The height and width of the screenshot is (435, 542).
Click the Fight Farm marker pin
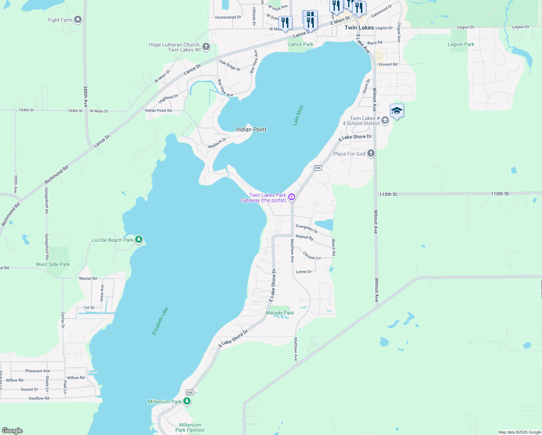coord(78,20)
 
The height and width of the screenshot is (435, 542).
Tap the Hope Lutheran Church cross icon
coord(206,46)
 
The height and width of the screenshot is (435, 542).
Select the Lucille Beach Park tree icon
coord(139,240)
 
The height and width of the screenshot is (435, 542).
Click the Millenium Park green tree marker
coord(187,401)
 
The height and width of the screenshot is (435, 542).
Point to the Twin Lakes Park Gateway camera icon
coord(292,198)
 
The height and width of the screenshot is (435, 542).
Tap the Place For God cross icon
coord(371,153)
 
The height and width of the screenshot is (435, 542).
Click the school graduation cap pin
coord(397,111)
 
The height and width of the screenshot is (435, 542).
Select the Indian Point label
coord(251,129)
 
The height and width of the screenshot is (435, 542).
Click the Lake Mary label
coord(298,116)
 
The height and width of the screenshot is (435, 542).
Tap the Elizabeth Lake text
coord(160,321)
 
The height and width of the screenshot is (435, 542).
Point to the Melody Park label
coord(280,313)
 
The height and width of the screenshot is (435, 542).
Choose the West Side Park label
coord(53,264)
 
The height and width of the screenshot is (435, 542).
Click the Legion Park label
coord(461,44)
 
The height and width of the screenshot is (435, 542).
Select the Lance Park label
coord(301,44)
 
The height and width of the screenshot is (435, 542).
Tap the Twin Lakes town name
coord(359,28)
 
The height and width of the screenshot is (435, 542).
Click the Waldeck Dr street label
coord(217,143)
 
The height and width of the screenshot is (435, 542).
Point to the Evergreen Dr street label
coord(307,228)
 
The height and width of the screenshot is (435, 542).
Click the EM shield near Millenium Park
coord(189,393)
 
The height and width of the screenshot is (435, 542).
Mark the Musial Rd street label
coord(88,278)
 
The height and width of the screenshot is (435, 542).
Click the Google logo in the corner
coord(12,431)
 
